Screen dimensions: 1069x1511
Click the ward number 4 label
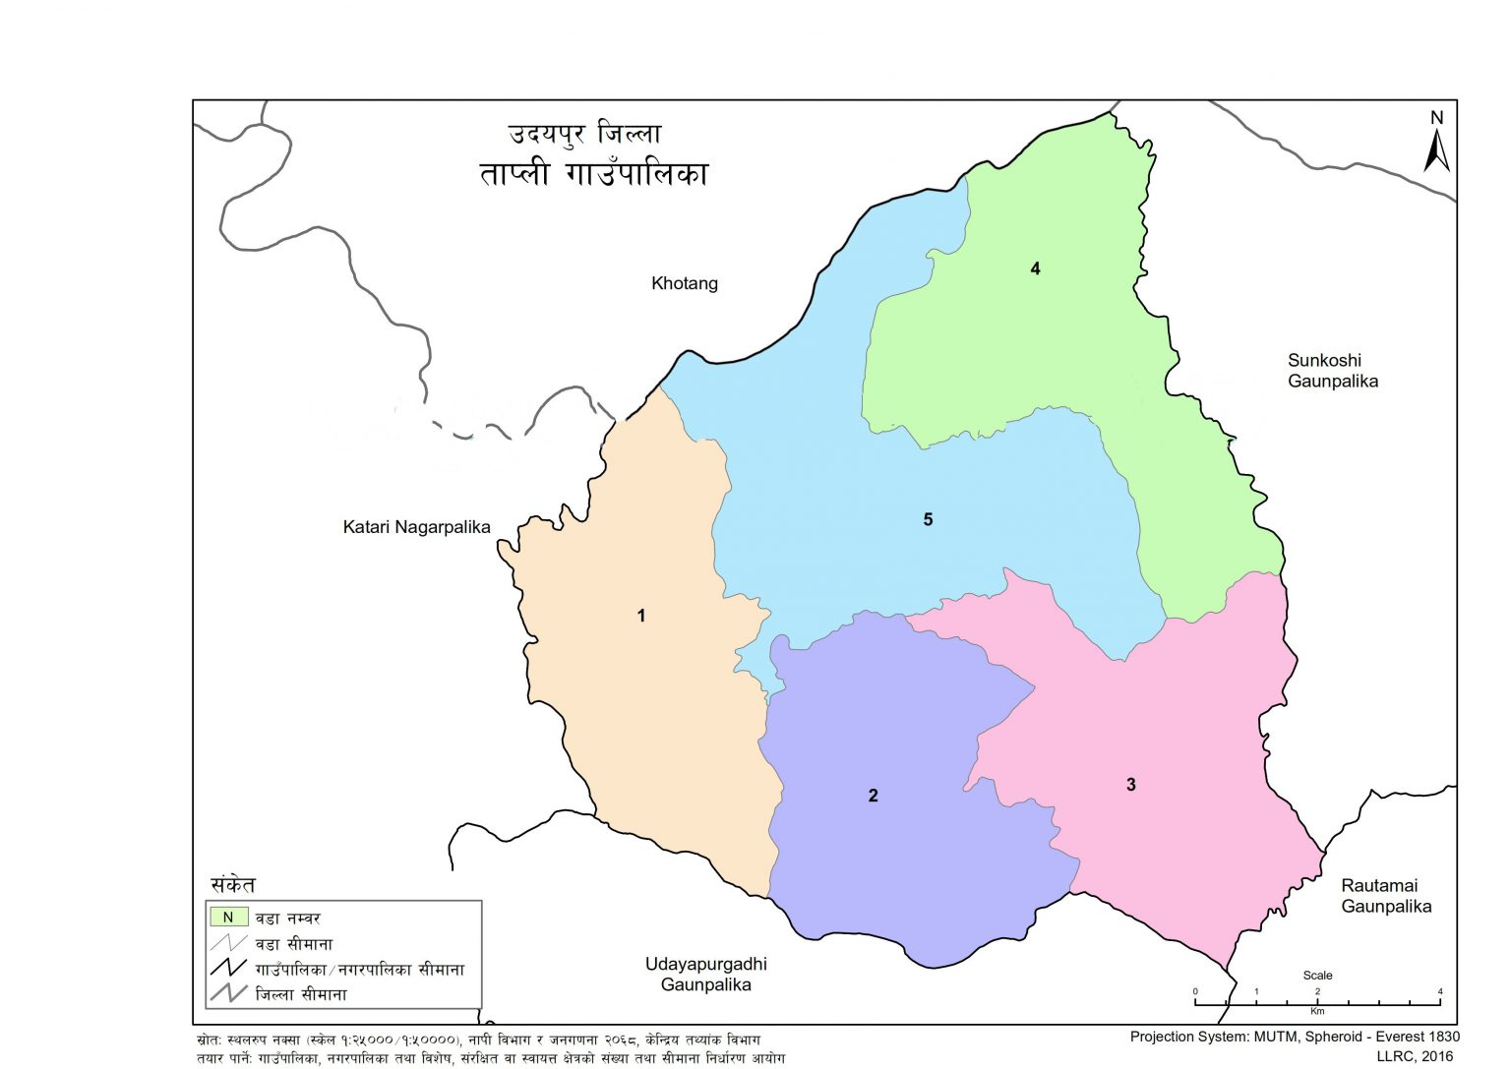[x=1035, y=268]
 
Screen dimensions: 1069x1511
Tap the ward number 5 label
[x=928, y=519]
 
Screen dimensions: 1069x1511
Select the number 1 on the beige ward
[x=641, y=616]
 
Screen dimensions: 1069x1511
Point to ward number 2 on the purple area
[x=873, y=796]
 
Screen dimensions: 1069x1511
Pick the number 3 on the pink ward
[x=1131, y=785]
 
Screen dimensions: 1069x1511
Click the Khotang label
[x=685, y=283]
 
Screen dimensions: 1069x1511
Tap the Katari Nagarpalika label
[x=416, y=527]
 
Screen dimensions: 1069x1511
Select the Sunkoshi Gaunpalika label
[x=1332, y=371]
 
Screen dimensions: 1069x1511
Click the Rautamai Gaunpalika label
[x=1385, y=896]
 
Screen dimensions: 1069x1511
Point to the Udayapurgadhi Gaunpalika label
[x=705, y=975]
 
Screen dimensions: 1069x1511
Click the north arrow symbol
[x=1437, y=152]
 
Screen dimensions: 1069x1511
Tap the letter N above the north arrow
[x=1437, y=118]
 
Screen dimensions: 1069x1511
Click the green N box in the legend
[x=227, y=918]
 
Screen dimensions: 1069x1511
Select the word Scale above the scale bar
[x=1317, y=976]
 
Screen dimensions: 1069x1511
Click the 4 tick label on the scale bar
[x=1440, y=991]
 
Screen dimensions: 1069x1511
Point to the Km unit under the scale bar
[x=1317, y=1011]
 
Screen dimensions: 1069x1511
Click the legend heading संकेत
[x=233, y=885]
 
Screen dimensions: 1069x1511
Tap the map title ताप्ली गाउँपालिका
[x=593, y=174]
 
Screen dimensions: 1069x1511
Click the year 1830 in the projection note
[x=1442, y=1037]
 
